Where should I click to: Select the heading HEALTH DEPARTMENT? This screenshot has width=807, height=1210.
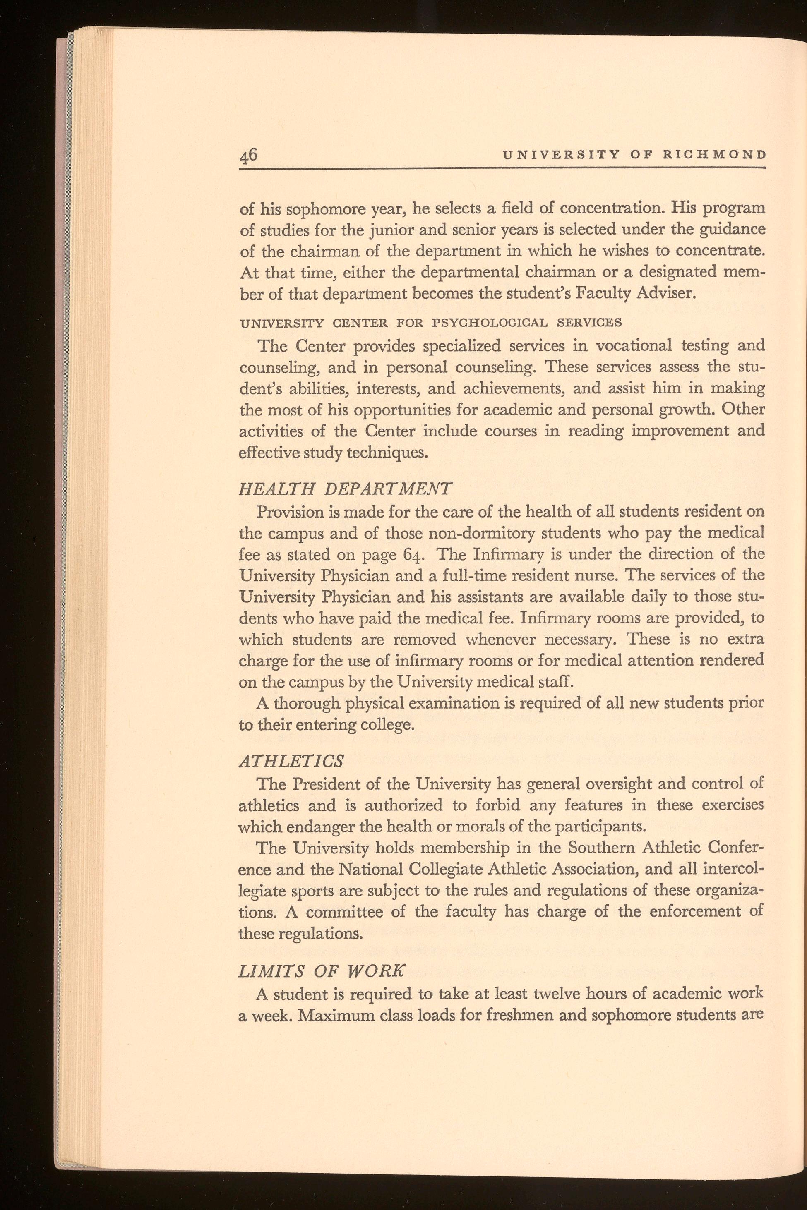346,488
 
